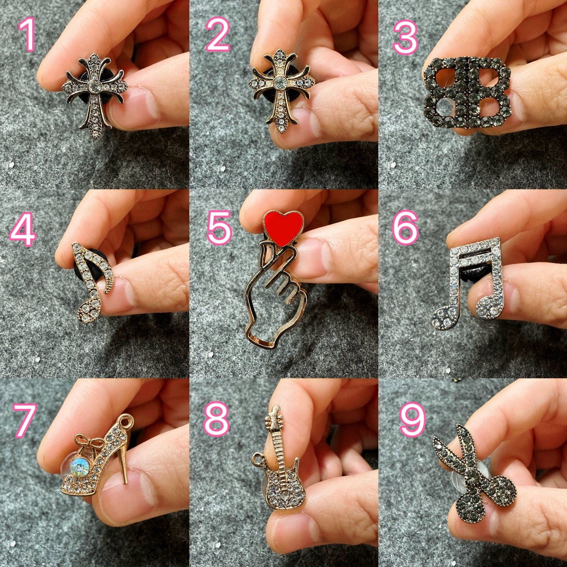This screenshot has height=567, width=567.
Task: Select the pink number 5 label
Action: point(219,226)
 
